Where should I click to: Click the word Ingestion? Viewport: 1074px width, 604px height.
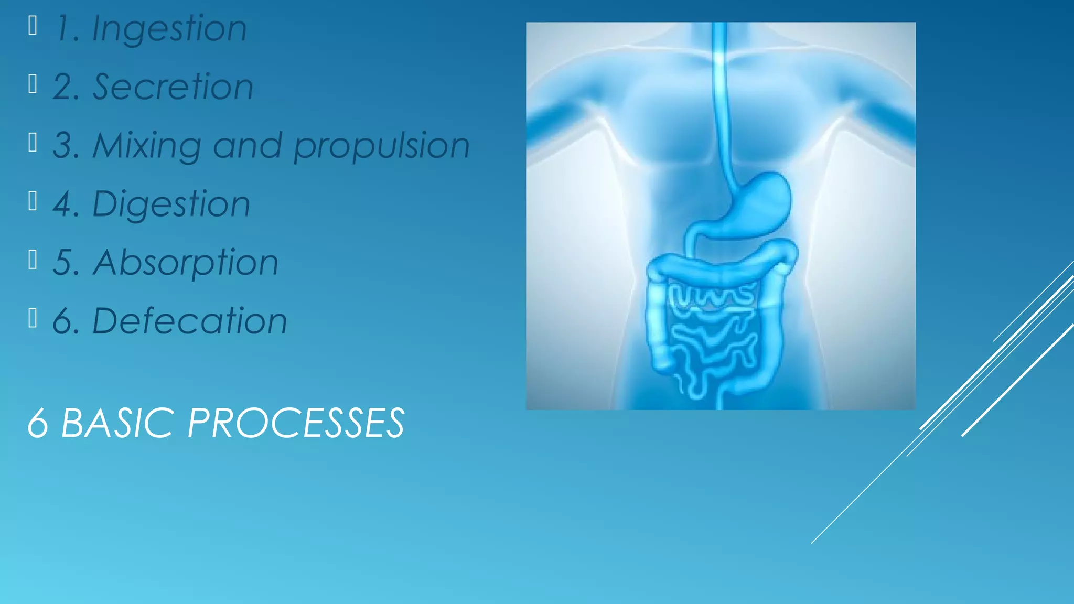point(169,29)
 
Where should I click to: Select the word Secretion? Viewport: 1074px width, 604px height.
point(173,87)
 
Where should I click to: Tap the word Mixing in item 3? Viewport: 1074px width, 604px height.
point(147,146)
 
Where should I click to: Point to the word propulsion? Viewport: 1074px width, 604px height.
point(381,146)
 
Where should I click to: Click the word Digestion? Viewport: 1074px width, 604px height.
point(171,204)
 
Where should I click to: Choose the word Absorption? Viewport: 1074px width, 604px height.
point(186,263)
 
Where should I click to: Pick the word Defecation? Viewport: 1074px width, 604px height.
point(189,321)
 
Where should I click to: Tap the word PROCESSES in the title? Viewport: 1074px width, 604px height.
point(296,423)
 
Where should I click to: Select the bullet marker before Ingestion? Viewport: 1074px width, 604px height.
point(33,25)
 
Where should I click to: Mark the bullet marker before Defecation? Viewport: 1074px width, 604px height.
point(33,318)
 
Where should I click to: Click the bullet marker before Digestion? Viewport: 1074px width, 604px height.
point(33,201)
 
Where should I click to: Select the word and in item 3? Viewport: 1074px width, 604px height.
point(247,145)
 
